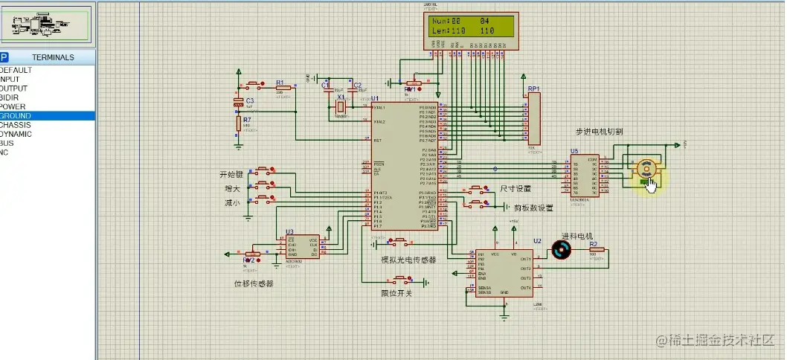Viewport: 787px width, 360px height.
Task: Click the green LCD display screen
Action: [469, 27]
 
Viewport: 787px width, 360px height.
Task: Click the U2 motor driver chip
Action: [504, 272]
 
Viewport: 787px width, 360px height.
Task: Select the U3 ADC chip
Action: [303, 247]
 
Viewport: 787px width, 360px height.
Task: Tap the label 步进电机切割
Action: [599, 132]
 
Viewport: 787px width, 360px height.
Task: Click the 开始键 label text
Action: [232, 174]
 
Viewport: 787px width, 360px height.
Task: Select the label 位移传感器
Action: [254, 283]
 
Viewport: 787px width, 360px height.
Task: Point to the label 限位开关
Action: [396, 293]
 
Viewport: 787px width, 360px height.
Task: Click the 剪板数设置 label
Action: [534, 208]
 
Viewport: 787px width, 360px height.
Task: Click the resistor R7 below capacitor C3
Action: [239, 123]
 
